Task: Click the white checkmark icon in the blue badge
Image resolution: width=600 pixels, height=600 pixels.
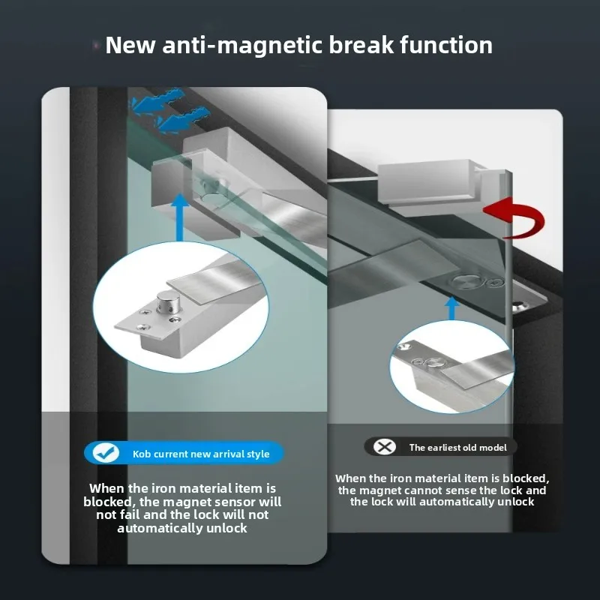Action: (106, 453)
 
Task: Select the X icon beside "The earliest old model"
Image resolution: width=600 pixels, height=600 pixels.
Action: (384, 446)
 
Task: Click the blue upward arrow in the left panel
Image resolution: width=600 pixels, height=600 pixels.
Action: (180, 216)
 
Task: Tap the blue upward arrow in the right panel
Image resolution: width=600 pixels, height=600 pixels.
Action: (452, 308)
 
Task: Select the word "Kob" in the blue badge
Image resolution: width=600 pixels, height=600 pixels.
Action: (141, 454)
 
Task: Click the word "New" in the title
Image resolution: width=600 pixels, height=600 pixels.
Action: (130, 45)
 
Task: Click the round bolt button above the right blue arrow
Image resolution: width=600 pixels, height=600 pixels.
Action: (464, 282)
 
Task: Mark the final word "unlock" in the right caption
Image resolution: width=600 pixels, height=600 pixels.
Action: (515, 502)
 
